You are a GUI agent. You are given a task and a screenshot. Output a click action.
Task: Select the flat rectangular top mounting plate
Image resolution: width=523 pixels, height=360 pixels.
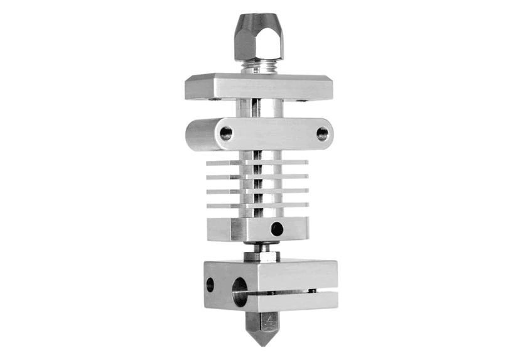pos(259,85)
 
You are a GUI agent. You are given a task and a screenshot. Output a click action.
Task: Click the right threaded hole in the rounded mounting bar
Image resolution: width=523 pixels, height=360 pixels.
pos(322,133)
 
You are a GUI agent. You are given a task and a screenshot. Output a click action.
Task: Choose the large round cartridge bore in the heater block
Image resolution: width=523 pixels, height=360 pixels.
pos(241,290)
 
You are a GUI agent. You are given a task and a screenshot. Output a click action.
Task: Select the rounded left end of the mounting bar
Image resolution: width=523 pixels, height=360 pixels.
pos(191,133)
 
